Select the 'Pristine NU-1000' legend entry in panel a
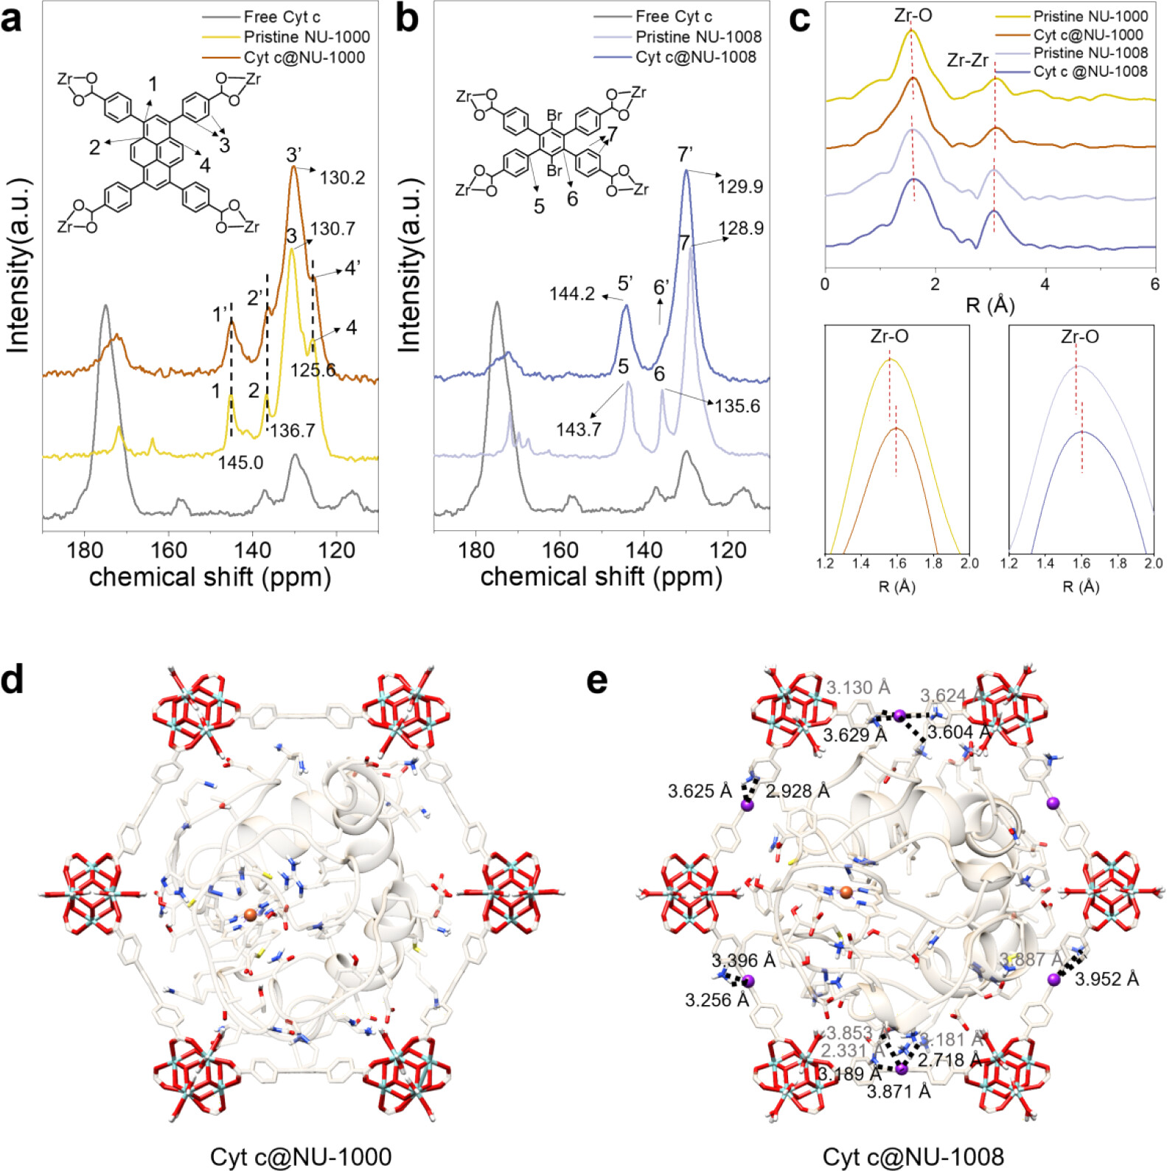point(306,37)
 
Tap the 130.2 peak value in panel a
point(342,178)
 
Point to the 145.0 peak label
point(240,462)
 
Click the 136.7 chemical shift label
point(293,431)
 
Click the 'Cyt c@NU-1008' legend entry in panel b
point(695,57)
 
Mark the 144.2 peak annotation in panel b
point(572,293)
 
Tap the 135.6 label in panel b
point(737,406)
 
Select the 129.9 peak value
point(740,187)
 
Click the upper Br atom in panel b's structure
point(554,115)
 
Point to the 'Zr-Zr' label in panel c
point(967,60)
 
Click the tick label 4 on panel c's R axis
point(1045,285)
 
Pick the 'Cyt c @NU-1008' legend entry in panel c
point(1090,72)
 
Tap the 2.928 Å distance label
point(798,791)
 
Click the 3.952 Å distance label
point(1107,979)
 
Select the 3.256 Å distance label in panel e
point(717,1000)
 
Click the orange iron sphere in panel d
point(251,915)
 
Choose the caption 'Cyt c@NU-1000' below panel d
point(301,1156)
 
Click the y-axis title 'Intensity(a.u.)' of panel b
point(409,265)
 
